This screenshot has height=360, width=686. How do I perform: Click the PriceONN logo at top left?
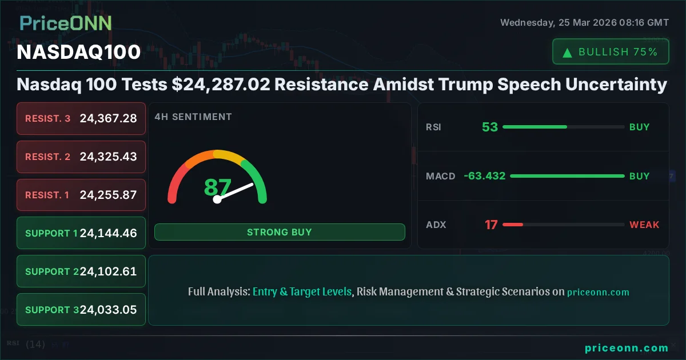point(66,23)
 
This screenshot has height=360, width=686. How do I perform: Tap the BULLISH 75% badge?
point(610,52)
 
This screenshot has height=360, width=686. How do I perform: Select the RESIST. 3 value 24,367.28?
point(108,118)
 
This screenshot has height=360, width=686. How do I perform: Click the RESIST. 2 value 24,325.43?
point(108,157)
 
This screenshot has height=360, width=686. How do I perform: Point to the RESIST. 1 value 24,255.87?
point(108,195)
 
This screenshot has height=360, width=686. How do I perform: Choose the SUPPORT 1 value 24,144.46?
point(108,233)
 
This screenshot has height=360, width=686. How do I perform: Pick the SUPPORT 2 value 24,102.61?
point(108,271)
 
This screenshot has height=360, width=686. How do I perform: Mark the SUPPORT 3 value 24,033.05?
point(108,310)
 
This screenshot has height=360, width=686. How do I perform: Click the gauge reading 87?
point(218,187)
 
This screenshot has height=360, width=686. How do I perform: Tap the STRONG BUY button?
point(280,232)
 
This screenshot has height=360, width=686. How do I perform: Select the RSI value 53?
point(490,127)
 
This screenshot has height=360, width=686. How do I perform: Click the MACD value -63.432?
point(485,176)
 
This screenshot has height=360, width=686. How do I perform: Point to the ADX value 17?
point(491,225)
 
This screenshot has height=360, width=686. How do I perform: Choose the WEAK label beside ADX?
point(644,225)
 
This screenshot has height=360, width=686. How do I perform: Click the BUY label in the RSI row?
point(639,127)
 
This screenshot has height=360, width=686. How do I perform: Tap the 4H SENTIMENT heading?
point(193,117)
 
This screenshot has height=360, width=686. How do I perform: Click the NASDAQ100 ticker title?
point(79,52)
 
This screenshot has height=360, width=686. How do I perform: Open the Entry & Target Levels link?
point(302,291)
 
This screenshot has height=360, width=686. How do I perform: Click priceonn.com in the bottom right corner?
point(627,347)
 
